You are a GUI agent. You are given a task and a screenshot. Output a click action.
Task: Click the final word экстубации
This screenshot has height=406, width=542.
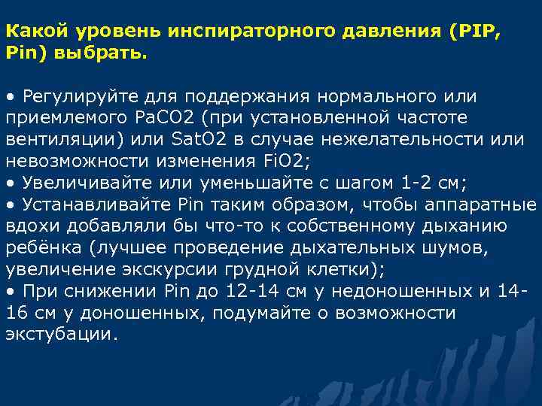pyautogui.click(x=59, y=333)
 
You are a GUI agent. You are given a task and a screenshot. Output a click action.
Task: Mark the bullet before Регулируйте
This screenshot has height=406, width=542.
pyautogui.click(x=10, y=97)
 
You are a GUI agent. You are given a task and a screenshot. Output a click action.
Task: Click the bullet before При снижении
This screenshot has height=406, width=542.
pyautogui.click(x=10, y=290)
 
